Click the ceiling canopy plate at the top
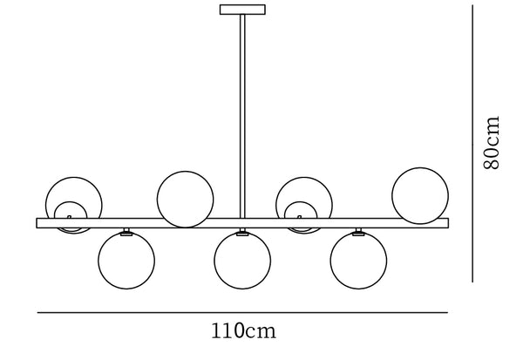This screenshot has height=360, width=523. click(242, 10)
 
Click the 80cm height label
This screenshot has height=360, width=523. click(492, 141)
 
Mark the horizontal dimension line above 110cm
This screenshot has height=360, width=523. click(241, 312)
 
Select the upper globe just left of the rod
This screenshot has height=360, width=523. click(185, 198)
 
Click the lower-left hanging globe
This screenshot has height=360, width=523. click(126, 261)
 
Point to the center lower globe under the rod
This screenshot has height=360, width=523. click(242, 261)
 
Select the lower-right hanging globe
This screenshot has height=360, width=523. click(358, 261)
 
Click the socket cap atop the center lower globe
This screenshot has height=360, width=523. click(242, 232)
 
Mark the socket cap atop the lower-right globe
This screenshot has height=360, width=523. click(358, 232)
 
